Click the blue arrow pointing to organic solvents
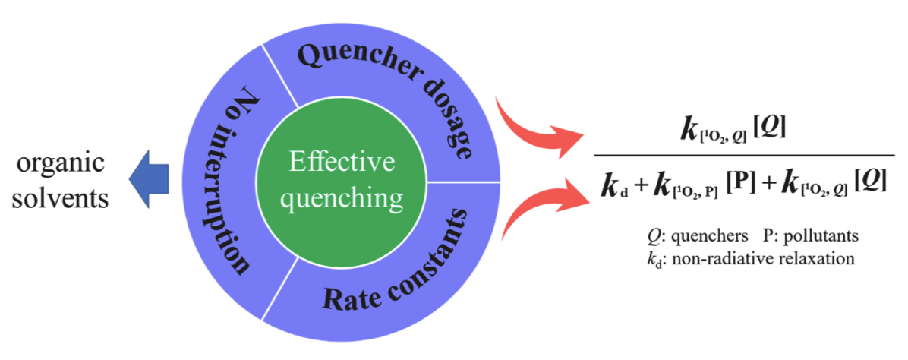pos(147,180)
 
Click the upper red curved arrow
pos(531,121)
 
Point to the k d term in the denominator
pos(616,186)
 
